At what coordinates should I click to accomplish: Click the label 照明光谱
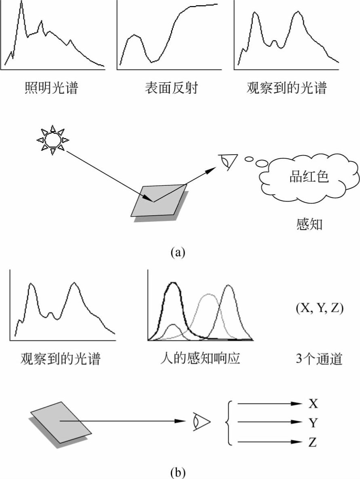pyautogui.click(x=51, y=88)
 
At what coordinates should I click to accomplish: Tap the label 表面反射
pyautogui.click(x=171, y=88)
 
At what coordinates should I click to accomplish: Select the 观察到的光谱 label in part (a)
pyautogui.click(x=286, y=88)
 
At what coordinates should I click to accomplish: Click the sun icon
pyautogui.click(x=53, y=140)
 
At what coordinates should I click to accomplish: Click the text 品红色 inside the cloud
pyautogui.click(x=309, y=176)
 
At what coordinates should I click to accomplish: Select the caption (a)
pyautogui.click(x=178, y=252)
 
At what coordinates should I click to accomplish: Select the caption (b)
pyautogui.click(x=178, y=471)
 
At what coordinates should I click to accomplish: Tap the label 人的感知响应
pyautogui.click(x=200, y=358)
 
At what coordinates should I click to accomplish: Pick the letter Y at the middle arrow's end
pyautogui.click(x=312, y=422)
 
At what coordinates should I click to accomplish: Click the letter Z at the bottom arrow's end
pyautogui.click(x=312, y=442)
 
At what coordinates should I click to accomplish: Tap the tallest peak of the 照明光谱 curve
pyautogui.click(x=21, y=3)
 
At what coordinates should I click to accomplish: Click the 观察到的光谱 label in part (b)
pyautogui.click(x=60, y=358)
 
